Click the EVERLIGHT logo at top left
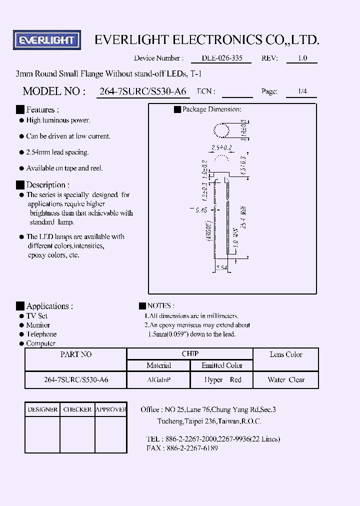pos(46,40)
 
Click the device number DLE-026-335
pos(221,58)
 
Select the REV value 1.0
pos(302,58)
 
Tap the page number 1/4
pos(302,91)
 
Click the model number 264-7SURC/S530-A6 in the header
pos(142,91)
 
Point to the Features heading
pos(42,109)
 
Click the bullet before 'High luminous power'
pos(21,120)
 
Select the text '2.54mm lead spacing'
pos(57,152)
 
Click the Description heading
pos(47,185)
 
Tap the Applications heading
pos(49,306)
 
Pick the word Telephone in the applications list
pos(41,334)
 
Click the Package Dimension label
pos(211,109)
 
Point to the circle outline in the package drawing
pos(221,131)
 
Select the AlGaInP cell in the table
pos(158,380)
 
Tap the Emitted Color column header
pos(222,366)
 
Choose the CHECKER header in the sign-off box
pos(77,409)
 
